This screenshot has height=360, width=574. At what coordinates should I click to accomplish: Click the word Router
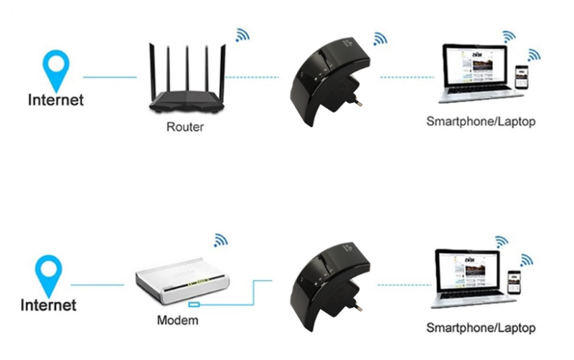pyautogui.click(x=185, y=128)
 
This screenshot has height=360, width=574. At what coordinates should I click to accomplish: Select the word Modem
pyautogui.click(x=177, y=320)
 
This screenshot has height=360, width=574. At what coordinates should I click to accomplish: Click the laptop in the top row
pyautogui.click(x=470, y=72)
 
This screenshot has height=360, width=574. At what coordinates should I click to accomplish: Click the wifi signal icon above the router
pyautogui.click(x=243, y=34)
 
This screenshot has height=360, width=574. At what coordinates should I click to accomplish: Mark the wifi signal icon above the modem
pyautogui.click(x=221, y=240)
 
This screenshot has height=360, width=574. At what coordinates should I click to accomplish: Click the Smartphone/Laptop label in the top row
pyautogui.click(x=480, y=121)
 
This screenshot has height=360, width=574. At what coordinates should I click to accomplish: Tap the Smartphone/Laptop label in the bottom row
pyautogui.click(x=480, y=328)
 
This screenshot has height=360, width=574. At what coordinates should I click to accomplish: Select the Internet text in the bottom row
pyautogui.click(x=48, y=305)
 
